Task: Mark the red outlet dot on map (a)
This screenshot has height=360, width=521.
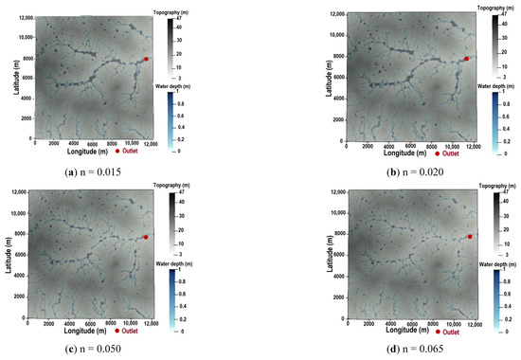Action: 146,59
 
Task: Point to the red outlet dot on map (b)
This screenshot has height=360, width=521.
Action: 467,59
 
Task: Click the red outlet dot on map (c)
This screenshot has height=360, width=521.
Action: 146,237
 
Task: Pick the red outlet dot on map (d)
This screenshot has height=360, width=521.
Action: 470,237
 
